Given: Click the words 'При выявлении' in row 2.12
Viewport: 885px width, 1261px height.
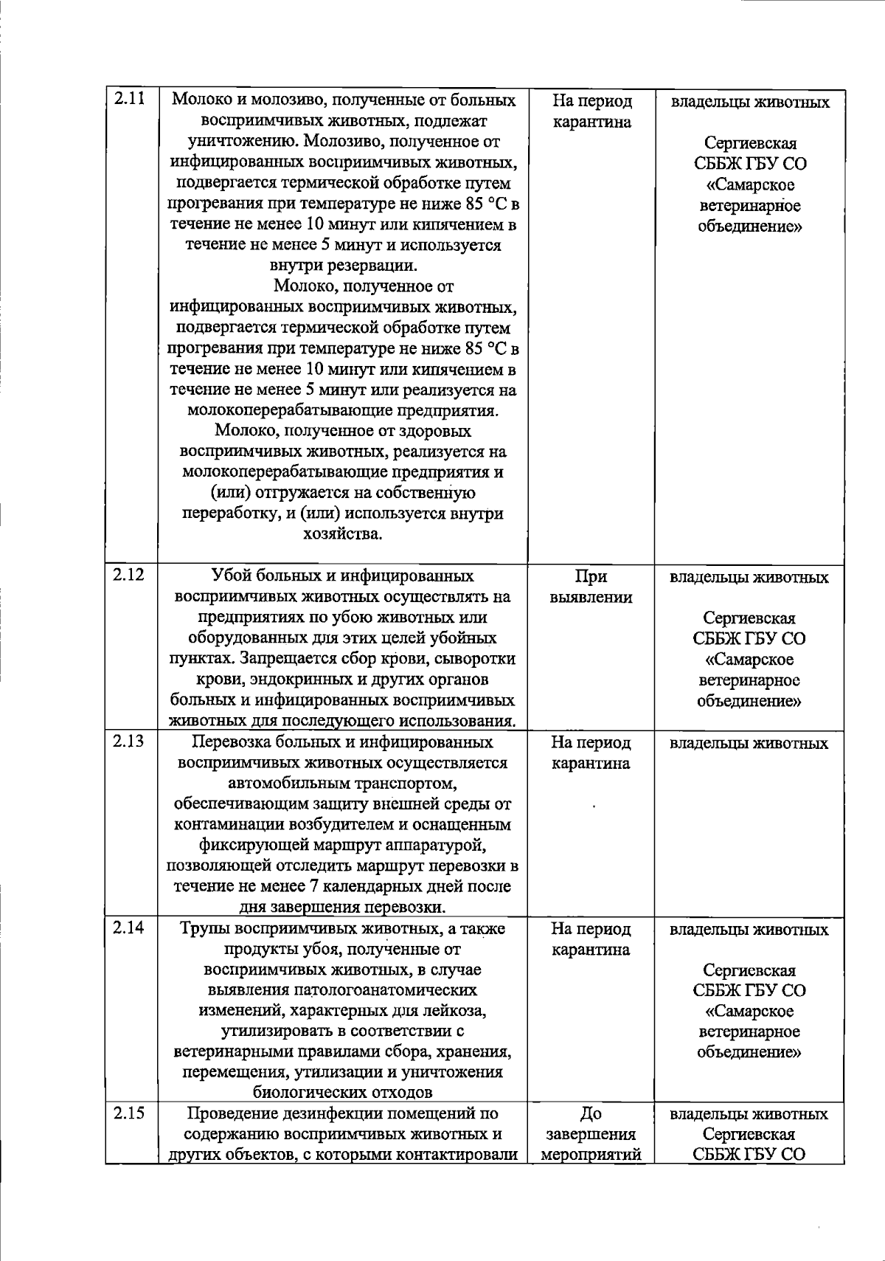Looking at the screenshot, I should [x=591, y=587].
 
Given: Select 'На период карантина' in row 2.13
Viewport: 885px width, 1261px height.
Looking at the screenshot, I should [x=591, y=753].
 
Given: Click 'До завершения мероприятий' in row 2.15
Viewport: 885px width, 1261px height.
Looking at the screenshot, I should [x=591, y=1134].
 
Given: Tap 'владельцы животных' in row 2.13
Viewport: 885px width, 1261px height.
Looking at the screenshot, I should [x=749, y=744].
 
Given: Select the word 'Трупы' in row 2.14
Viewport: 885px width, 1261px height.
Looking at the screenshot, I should [x=204, y=929].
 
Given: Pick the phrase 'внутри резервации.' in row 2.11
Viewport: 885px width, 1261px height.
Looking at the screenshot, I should [x=342, y=265].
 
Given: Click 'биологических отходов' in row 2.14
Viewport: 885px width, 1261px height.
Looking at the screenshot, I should [x=342, y=1092].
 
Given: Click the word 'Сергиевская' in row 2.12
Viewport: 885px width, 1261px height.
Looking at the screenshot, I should [x=749, y=618].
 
